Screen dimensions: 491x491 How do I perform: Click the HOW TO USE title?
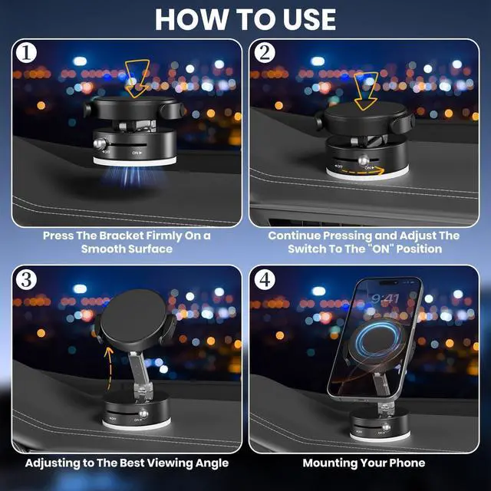point(245,18)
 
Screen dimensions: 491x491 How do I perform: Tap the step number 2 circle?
point(264,54)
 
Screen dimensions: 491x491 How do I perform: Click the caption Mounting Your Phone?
point(364,463)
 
